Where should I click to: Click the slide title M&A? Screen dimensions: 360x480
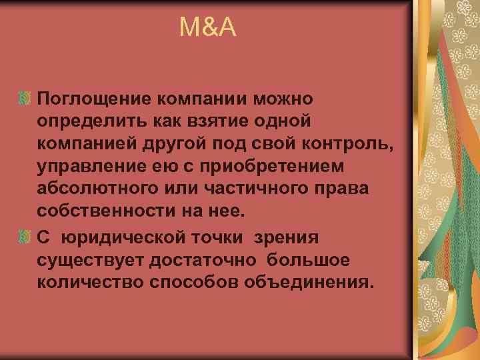[x=208, y=27]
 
